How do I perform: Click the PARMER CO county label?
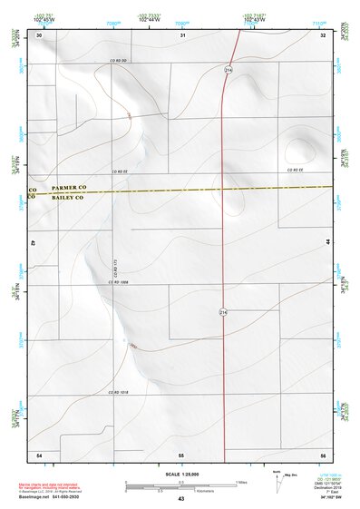(68, 187)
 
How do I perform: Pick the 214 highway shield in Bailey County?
(222, 311)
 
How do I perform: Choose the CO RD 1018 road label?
(119, 392)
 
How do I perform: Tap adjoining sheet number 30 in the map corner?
(39, 35)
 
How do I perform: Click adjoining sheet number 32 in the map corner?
(323, 35)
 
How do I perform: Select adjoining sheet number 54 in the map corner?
(39, 453)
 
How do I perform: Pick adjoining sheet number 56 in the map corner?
(323, 453)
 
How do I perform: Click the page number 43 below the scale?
(180, 499)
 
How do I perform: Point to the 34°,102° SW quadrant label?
(318, 496)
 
